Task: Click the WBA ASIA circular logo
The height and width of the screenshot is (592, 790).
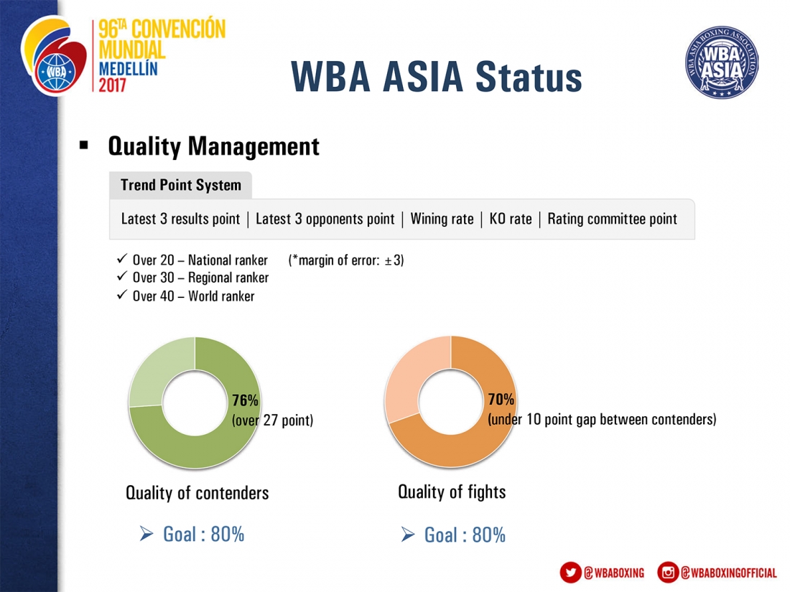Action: pos(722,62)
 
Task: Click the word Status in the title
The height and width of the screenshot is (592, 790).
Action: pos(529,77)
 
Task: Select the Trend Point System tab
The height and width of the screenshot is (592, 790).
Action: pos(181,185)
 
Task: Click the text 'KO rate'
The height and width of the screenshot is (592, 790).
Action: pos(511,219)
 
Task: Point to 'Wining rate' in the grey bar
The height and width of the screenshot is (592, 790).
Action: pos(442,219)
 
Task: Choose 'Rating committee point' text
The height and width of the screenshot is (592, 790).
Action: pos(612,219)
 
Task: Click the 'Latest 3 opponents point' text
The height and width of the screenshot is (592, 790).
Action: pos(325,219)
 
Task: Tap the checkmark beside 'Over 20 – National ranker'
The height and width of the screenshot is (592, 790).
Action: pos(122,259)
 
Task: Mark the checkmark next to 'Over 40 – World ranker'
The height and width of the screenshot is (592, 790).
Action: pos(122,294)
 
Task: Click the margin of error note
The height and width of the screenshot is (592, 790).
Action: pos(346,260)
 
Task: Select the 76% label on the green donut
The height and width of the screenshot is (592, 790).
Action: pos(245,400)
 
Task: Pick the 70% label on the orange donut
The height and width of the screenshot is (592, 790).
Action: pos(501,400)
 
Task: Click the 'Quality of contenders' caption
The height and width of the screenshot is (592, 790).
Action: pos(197,493)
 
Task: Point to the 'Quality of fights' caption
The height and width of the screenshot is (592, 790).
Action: pos(452,492)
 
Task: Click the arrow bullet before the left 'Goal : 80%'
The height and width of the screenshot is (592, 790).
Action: pos(146,534)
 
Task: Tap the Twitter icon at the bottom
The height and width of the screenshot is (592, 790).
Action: pos(571,573)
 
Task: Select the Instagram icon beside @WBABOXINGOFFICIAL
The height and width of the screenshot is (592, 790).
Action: pos(668,573)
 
